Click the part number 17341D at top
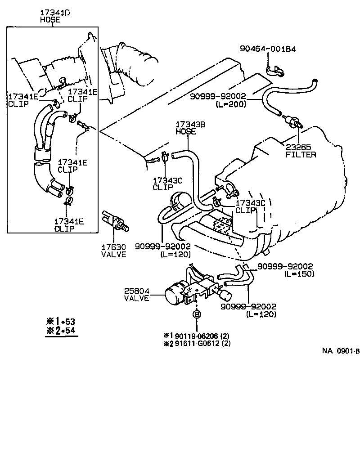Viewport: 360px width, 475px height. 52,13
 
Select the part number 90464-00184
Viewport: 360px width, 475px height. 268,48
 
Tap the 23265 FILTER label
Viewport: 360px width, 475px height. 301,150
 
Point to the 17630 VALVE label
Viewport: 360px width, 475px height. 113,251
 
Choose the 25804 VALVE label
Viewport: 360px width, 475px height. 137,294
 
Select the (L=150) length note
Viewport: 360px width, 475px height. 299,273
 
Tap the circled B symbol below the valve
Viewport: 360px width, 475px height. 196,314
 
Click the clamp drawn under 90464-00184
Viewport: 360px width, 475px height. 274,69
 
